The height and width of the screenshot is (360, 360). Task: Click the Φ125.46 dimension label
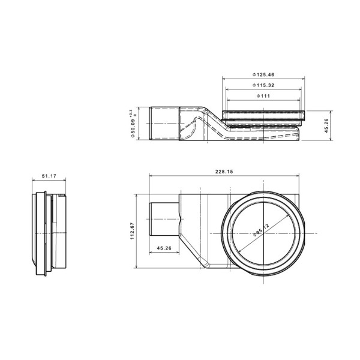click(263, 74)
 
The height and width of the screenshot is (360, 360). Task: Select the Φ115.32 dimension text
click(263, 85)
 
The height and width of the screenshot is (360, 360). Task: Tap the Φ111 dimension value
click(263, 96)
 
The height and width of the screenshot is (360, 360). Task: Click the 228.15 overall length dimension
click(224, 172)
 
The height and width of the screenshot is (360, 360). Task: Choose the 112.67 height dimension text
click(132, 231)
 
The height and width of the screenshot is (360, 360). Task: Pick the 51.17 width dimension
click(49, 176)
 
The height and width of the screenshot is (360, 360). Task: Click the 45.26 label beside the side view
click(326, 125)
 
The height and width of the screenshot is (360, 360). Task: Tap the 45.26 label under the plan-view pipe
click(164, 248)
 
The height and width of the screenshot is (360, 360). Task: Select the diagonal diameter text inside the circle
click(261, 230)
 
